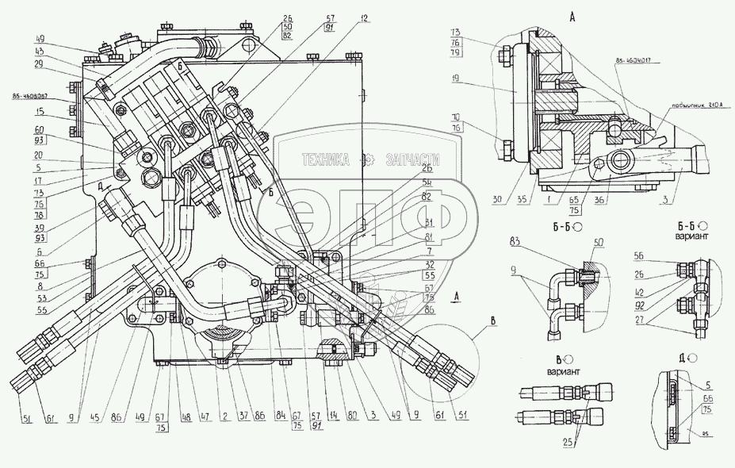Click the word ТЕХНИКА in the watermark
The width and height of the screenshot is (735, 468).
click(x=325, y=160)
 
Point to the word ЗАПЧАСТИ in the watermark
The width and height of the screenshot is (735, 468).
click(x=412, y=160)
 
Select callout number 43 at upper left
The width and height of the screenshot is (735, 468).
click(x=40, y=51)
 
